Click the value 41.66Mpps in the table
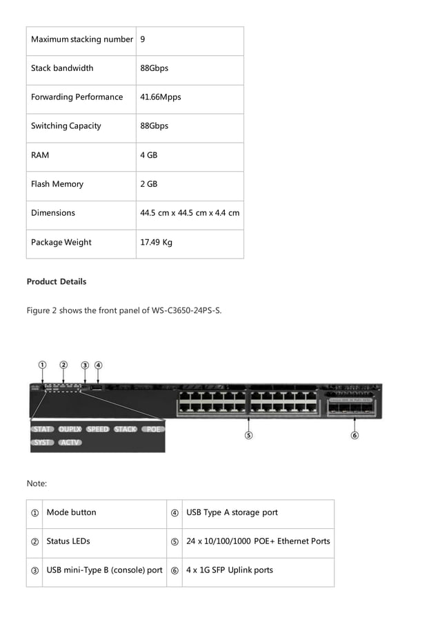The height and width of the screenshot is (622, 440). coord(161,97)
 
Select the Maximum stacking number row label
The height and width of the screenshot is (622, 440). coord(81,39)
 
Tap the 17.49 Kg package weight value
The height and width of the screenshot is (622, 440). coord(156,242)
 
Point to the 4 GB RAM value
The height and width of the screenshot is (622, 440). coord(148,155)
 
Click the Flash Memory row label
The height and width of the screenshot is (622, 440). coord(57,184)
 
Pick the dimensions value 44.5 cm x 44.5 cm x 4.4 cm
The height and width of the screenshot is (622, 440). coord(190,213)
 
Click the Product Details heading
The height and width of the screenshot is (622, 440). coord(57,281)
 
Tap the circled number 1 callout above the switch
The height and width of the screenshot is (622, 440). coord(42,365)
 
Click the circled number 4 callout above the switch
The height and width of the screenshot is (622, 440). coord(99,365)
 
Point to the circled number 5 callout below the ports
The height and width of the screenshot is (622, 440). coord(248,435)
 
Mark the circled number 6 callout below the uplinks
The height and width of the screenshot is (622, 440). coord(354,435)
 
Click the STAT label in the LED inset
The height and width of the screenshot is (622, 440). coord(43,429)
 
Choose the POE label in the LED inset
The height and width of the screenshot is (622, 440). coord(153,429)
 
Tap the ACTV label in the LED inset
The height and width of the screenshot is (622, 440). coord(70,442)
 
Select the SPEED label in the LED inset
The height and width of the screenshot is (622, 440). coord(97,429)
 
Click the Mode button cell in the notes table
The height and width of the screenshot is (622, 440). coord(71,512)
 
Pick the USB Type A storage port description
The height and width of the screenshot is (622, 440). coord(232,512)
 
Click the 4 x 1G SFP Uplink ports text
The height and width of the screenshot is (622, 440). coord(229,570)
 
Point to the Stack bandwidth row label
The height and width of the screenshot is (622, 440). coord(62,68)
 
